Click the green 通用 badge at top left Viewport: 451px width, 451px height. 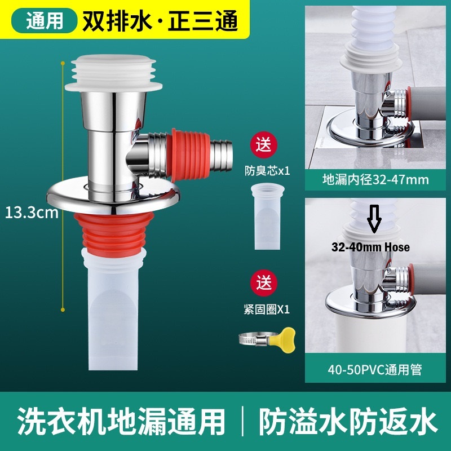(45, 21)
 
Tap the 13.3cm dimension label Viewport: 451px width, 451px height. (32, 213)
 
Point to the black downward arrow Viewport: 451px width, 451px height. (374, 219)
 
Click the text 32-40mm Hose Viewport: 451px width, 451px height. (370, 247)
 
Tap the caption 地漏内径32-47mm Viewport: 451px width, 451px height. (375, 180)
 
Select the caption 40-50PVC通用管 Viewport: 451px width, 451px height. (375, 370)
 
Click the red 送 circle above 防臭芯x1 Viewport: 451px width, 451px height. (264, 144)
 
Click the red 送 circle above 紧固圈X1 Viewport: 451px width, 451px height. (264, 283)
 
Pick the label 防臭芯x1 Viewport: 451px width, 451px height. (267, 171)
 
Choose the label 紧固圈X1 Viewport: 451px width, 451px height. (267, 309)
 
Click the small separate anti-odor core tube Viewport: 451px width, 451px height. (267, 216)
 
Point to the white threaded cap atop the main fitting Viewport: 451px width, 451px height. (114, 73)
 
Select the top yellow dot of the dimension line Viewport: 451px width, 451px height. (63, 63)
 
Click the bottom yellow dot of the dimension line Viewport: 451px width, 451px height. (63, 309)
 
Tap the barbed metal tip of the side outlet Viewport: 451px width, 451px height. (221, 156)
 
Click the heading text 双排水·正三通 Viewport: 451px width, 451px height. (160, 21)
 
